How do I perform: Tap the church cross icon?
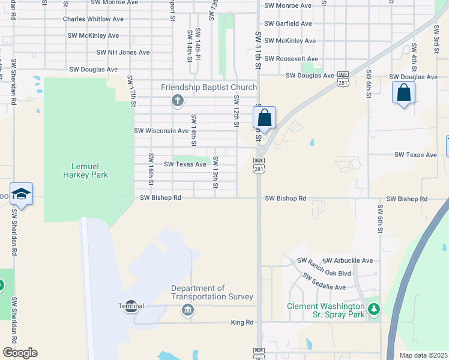point(178,100)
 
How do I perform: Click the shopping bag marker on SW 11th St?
point(264,118)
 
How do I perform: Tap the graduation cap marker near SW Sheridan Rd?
point(21,194)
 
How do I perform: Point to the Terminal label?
point(131,306)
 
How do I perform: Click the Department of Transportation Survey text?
point(212,293)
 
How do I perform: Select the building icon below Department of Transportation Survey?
point(187,310)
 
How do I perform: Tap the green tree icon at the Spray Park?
point(374,309)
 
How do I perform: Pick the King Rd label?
point(242,322)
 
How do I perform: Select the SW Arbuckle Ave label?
point(348,260)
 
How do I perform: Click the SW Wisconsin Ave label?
point(161,130)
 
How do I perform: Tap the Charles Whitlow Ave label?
point(90,19)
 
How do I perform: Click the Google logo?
point(20,353)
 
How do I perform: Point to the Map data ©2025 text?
point(423,355)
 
